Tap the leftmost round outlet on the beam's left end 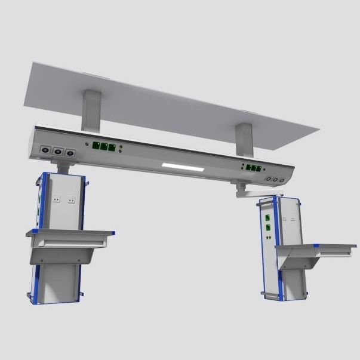click(44, 150)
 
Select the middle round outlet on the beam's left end click(58, 152)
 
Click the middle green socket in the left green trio click(103, 146)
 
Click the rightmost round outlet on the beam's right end click(282, 180)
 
